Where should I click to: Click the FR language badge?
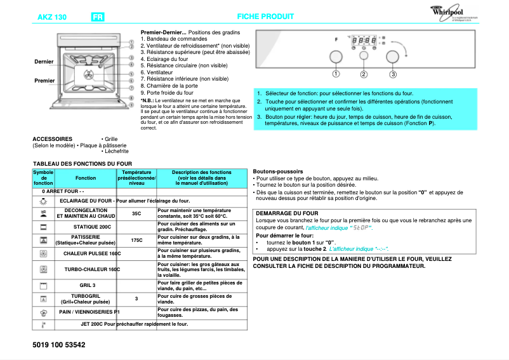click(98, 17)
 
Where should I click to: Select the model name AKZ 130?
click(53, 17)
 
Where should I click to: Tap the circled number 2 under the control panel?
click(364, 74)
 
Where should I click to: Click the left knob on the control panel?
click(336, 58)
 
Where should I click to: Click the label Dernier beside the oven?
click(44, 61)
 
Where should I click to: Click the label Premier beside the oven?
click(44, 81)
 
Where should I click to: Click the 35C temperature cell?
click(136, 213)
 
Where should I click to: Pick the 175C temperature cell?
click(136, 240)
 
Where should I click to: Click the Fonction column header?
click(86, 178)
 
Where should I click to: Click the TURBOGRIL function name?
click(86, 296)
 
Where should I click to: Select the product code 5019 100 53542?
click(57, 345)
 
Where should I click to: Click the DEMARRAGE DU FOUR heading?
click(287, 213)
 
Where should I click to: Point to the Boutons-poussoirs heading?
click(278, 171)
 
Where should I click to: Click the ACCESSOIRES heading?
click(52, 138)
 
